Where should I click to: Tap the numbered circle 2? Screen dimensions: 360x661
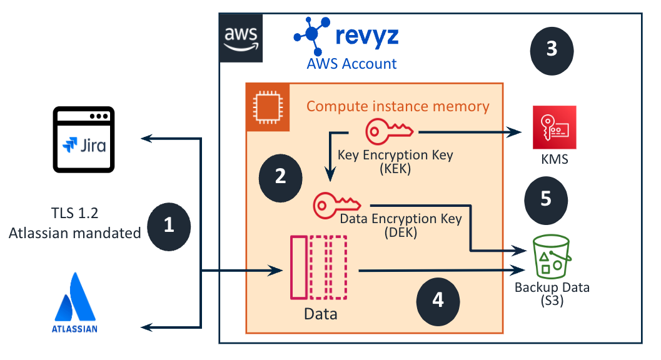(280, 176)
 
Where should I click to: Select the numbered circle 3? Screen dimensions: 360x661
(552, 49)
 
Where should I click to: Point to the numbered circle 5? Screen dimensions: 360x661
(546, 199)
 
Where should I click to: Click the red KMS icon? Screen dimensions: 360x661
(554, 127)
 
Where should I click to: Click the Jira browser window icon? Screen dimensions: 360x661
(84, 139)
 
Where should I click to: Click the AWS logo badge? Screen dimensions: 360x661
(241, 39)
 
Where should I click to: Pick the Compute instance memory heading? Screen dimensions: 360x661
(398, 106)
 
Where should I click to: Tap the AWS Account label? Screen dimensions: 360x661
(351, 63)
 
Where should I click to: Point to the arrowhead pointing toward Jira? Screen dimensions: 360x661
(148, 138)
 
